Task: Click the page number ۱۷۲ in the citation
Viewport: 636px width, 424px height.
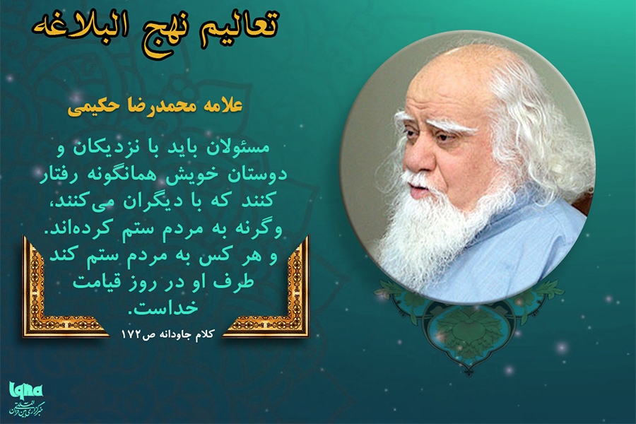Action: [136, 332]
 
